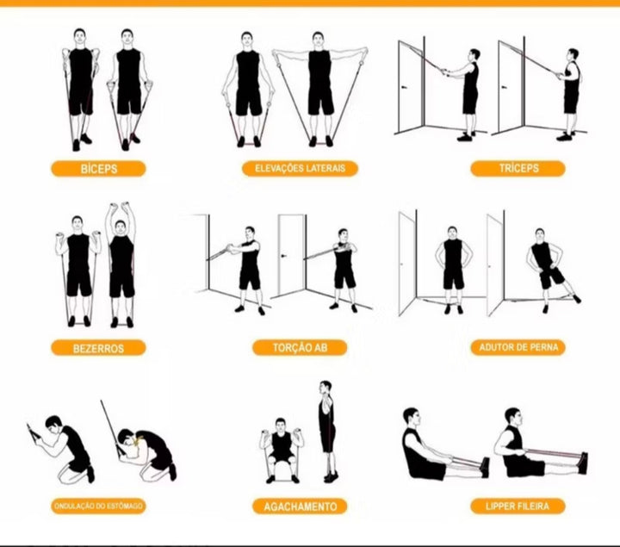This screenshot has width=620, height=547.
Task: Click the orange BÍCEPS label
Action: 98,169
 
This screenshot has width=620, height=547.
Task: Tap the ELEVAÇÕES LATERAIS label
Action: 301,169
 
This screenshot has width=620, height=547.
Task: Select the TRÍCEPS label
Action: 518,169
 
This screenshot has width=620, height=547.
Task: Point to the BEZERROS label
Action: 98,348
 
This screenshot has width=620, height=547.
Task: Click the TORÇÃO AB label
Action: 300,348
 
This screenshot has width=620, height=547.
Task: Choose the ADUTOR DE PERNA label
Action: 518,348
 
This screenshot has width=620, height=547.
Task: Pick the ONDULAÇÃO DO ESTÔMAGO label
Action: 98,507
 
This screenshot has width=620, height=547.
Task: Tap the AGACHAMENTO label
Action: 300,507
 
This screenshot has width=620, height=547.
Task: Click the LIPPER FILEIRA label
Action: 518,507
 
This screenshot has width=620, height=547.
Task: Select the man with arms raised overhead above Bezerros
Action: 121,265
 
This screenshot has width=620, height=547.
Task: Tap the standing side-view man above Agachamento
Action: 327,431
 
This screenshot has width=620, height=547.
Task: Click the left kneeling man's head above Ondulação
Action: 53,423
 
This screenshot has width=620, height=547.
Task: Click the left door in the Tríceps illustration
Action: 412,87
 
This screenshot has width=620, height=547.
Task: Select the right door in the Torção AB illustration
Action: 291,254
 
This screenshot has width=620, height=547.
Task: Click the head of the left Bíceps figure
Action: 79,38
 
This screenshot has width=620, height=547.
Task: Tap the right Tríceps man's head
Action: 573,56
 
